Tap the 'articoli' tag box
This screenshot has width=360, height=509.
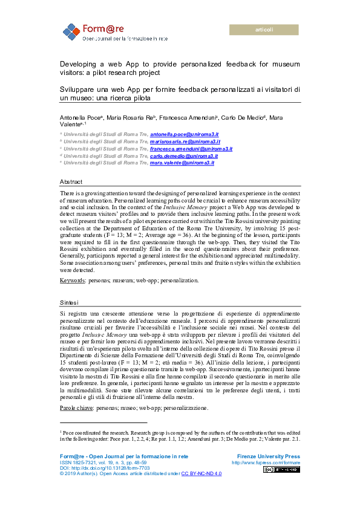(x=264, y=30)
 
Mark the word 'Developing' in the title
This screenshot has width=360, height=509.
(x=76, y=63)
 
